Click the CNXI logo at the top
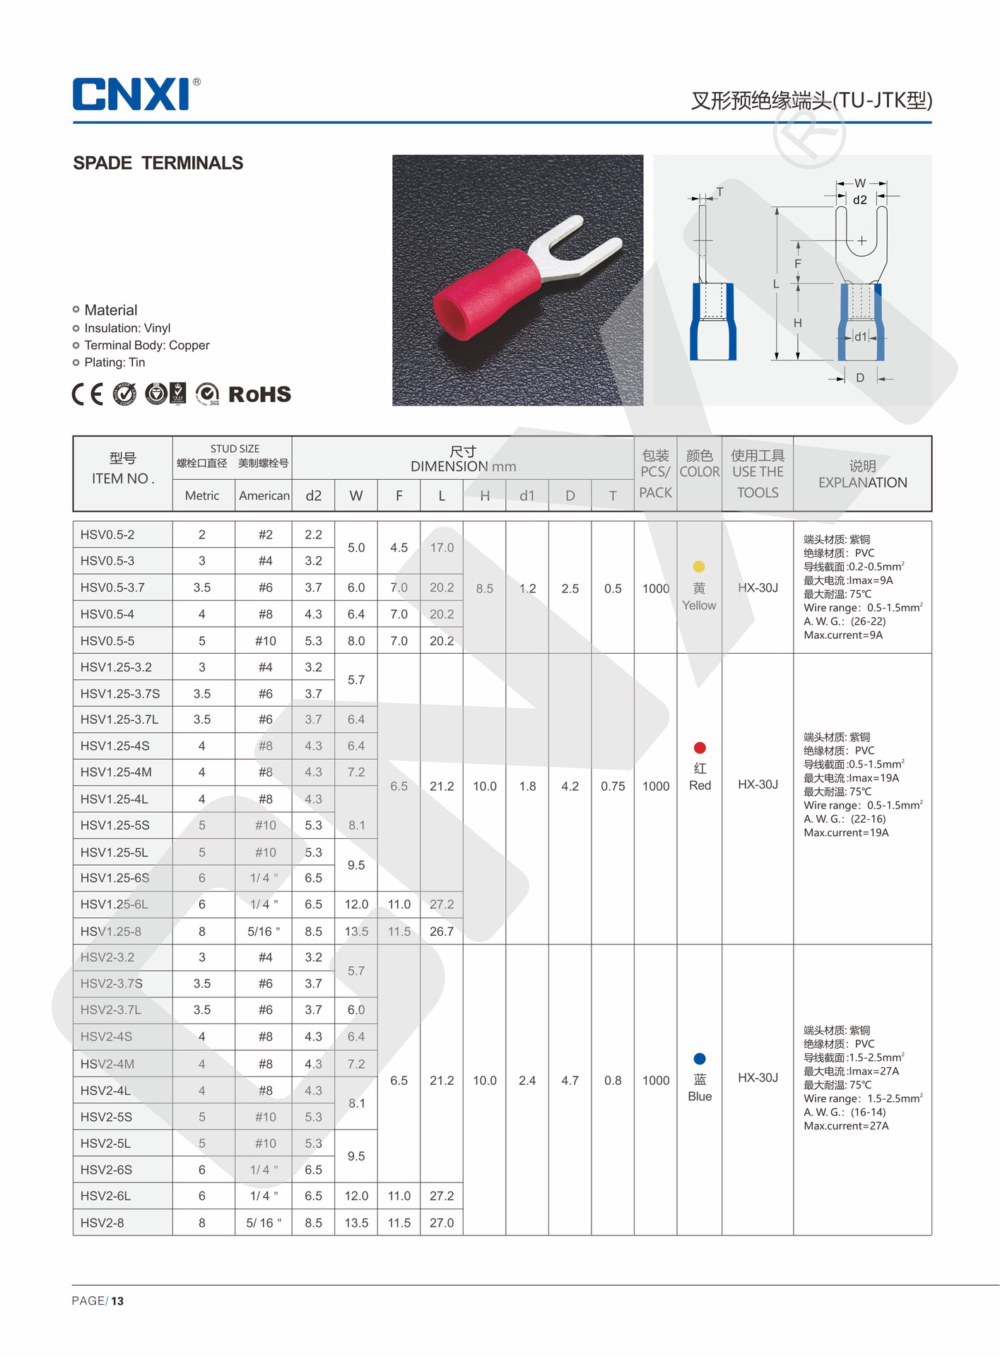(x=131, y=94)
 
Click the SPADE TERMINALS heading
(x=158, y=163)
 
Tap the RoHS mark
(x=259, y=394)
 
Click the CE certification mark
(x=88, y=394)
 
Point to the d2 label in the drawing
(x=859, y=200)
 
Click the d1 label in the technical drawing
(x=860, y=337)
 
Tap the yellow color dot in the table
(x=699, y=566)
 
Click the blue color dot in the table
(x=700, y=1058)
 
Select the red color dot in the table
(x=700, y=748)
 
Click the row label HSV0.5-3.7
(x=112, y=587)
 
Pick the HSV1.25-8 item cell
(x=111, y=932)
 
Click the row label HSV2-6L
(x=106, y=1196)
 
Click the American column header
(x=264, y=495)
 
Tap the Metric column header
(x=202, y=495)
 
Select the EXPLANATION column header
(x=862, y=483)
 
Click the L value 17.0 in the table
(x=442, y=548)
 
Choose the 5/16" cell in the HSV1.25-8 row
(x=264, y=932)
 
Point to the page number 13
(x=117, y=1300)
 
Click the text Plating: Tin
(x=114, y=363)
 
